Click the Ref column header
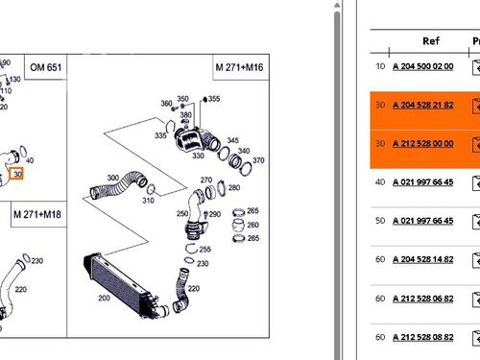point(431,41)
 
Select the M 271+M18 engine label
point(37,212)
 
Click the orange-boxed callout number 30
point(19,173)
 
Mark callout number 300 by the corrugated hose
point(113,178)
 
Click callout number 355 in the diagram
point(213,99)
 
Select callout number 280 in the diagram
point(234,188)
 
